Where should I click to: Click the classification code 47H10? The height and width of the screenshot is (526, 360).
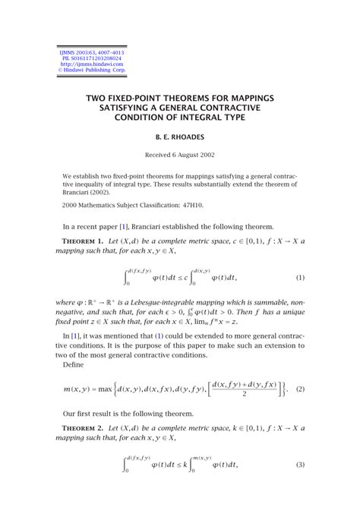coord(194,205)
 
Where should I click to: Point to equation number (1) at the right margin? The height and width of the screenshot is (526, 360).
coord(300,278)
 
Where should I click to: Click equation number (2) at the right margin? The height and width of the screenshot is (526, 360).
coord(300,389)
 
